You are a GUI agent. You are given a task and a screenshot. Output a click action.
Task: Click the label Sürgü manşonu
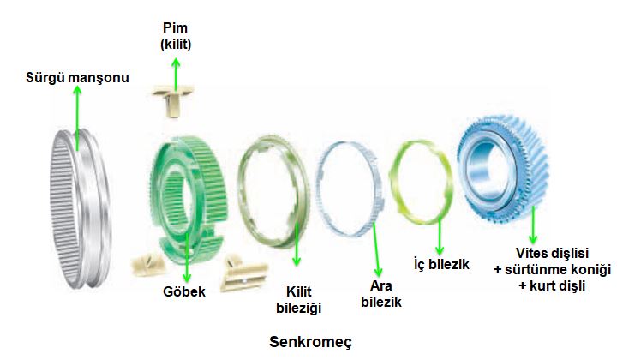point(77,77)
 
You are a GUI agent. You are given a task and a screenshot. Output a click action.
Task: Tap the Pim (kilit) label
point(176,36)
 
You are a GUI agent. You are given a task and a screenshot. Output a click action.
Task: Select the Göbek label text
point(184,291)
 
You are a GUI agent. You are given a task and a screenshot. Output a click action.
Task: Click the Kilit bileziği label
point(299,300)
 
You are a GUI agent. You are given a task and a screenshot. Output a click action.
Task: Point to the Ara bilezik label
point(381,294)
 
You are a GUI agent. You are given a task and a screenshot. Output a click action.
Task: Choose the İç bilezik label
point(441,264)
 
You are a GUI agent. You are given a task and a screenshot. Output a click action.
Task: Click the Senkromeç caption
point(310,342)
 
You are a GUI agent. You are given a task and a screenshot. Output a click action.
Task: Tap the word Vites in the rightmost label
point(531,253)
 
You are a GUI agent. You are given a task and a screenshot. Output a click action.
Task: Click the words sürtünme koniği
point(558,270)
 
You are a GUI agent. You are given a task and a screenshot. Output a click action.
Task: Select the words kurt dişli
point(558,285)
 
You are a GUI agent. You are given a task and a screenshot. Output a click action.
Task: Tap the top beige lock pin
point(173,99)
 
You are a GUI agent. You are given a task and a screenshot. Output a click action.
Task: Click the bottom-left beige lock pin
point(149,264)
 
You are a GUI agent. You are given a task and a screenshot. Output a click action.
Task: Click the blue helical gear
point(503,169)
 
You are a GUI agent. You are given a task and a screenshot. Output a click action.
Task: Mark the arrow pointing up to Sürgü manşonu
point(77,117)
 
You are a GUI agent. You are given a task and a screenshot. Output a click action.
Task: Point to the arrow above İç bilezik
point(440,237)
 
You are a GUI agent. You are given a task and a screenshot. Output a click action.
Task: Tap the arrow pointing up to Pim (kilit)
point(176,74)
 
